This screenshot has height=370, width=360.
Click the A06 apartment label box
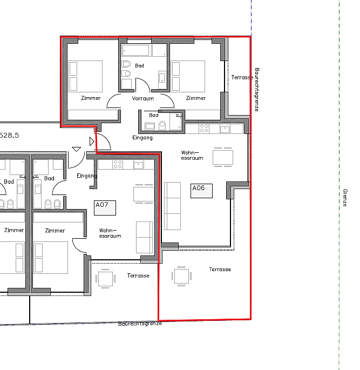(x=201, y=191)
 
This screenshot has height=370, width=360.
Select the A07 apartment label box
(x=105, y=207)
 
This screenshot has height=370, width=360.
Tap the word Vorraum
(x=143, y=98)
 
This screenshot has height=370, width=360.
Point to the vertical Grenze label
(x=345, y=198)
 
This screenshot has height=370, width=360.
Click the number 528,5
(x=9, y=136)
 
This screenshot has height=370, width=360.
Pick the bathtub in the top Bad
(x=135, y=50)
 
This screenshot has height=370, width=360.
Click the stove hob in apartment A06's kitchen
(x=204, y=129)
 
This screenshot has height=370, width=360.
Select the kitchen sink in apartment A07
(x=139, y=165)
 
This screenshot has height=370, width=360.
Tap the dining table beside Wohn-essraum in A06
(x=223, y=157)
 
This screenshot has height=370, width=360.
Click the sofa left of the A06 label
(x=173, y=206)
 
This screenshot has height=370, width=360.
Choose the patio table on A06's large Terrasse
(x=181, y=276)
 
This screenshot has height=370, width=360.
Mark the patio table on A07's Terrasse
(x=105, y=279)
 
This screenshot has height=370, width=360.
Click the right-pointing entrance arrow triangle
(x=92, y=142)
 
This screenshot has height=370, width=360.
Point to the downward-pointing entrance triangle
(x=76, y=149)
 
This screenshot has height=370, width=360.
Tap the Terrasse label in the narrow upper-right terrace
(x=242, y=77)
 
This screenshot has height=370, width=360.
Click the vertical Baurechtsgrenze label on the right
(x=257, y=90)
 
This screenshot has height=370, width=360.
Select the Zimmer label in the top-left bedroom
(x=91, y=98)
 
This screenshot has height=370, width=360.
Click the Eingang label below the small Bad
(x=142, y=138)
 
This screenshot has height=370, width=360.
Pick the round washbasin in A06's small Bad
(x=162, y=125)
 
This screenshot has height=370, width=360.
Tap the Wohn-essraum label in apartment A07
(x=110, y=233)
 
